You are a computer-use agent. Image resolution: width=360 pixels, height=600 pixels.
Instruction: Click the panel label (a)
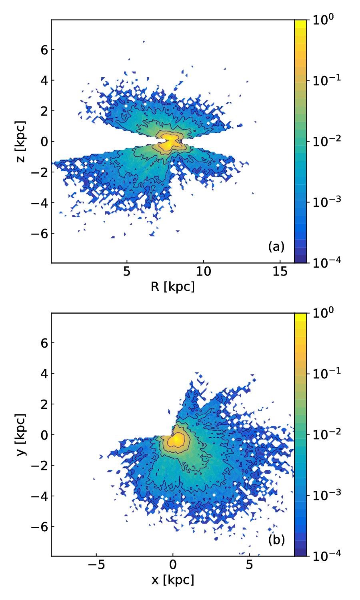[276, 247]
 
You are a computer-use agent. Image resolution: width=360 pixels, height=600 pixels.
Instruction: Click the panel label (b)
[276, 540]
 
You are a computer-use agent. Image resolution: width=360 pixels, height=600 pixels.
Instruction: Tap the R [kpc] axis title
[173, 286]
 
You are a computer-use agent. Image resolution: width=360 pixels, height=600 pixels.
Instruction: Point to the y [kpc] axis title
[21, 434]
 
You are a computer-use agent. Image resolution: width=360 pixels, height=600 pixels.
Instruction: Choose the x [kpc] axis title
[173, 580]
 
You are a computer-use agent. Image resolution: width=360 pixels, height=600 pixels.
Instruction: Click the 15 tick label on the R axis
[280, 272]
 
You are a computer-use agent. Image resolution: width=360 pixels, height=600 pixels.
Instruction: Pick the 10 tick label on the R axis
[204, 272]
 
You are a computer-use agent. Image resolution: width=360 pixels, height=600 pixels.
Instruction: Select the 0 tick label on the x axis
[173, 565]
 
